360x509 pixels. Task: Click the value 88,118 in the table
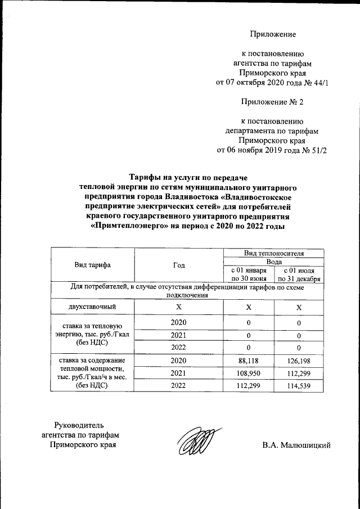pyautogui.click(x=248, y=361)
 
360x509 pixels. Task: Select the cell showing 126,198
pyautogui.click(x=299, y=361)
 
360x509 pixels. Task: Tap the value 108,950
pyautogui.click(x=248, y=373)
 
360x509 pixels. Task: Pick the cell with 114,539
pyautogui.click(x=299, y=385)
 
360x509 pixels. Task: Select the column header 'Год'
pyautogui.click(x=179, y=264)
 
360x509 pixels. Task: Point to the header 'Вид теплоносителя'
pyautogui.click(x=273, y=253)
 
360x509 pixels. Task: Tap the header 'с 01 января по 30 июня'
pyautogui.click(x=248, y=274)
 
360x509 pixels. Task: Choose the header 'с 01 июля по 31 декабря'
pyautogui.click(x=299, y=274)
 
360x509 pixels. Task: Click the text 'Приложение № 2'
pyautogui.click(x=272, y=102)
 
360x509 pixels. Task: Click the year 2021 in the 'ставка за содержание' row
pyautogui.click(x=179, y=373)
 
